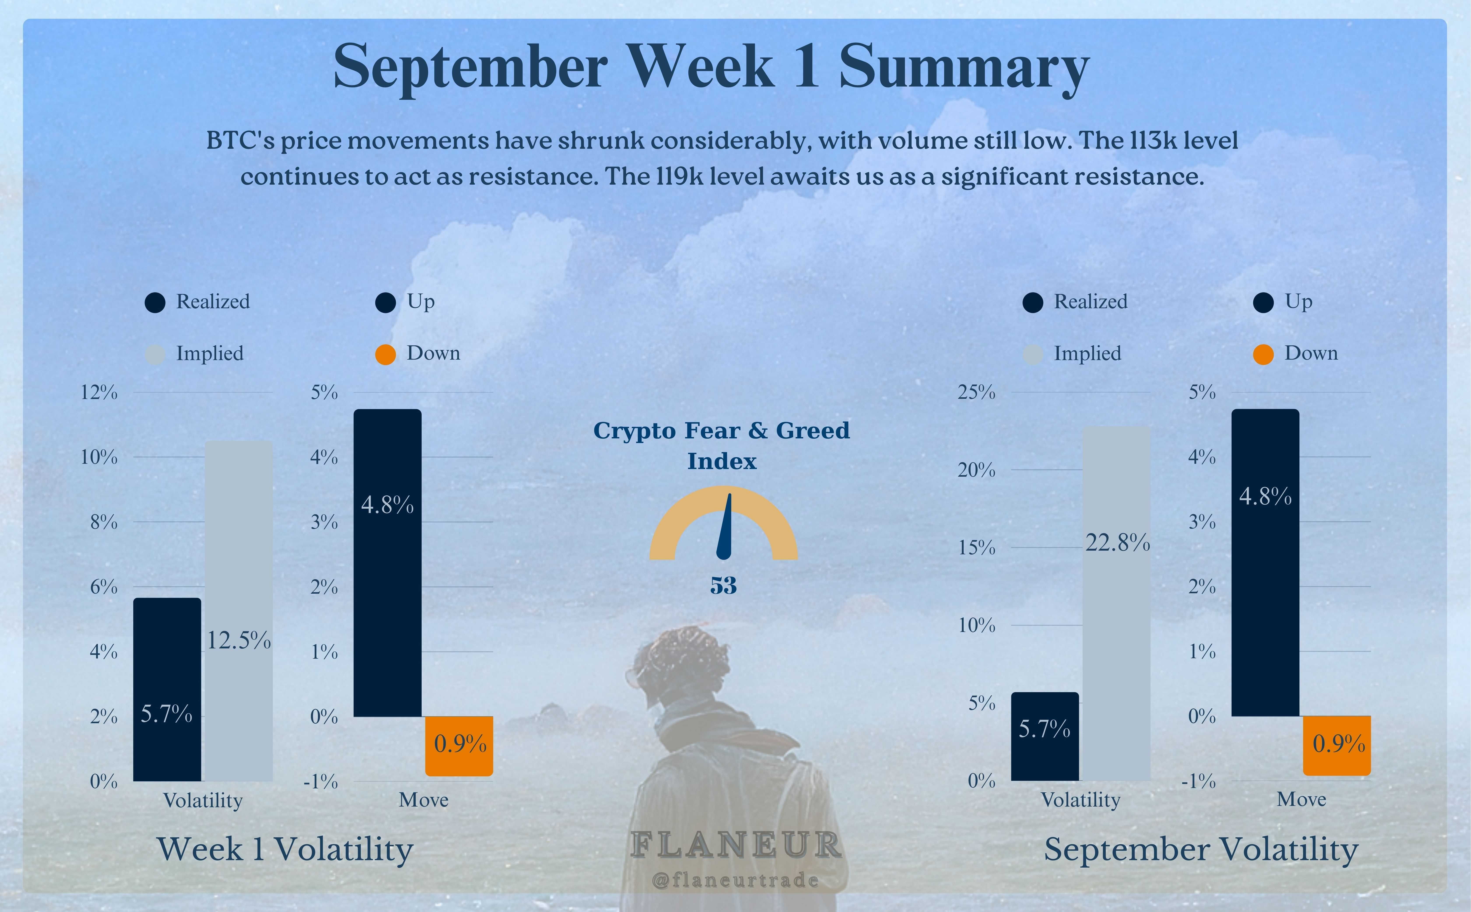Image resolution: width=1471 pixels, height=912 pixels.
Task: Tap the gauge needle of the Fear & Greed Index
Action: pyautogui.click(x=726, y=528)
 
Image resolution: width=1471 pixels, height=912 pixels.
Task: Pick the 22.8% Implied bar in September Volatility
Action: pyautogui.click(x=1116, y=603)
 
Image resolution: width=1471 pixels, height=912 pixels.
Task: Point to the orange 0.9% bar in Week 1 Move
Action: pyautogui.click(x=459, y=746)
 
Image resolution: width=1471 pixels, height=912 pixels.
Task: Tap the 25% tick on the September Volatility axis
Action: pyautogui.click(x=977, y=393)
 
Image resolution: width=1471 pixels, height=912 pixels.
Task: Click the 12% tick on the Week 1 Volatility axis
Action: pyautogui.click(x=99, y=393)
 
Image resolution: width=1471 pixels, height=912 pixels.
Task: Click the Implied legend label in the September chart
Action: pyautogui.click(x=1087, y=354)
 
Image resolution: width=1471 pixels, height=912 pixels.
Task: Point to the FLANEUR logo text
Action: pyautogui.click(x=735, y=845)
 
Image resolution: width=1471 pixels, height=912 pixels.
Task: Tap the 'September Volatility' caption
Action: pyautogui.click(x=1201, y=849)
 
